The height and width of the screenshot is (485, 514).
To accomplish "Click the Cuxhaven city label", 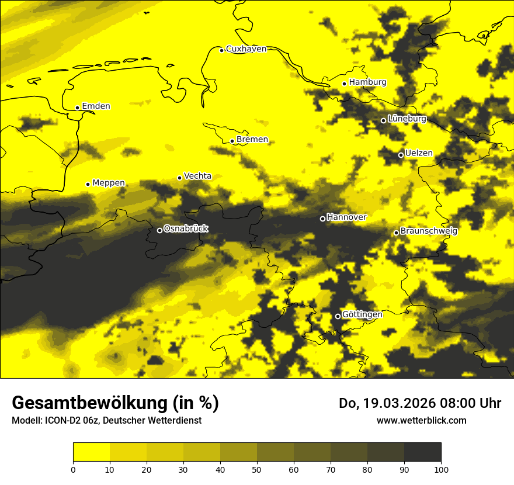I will [246, 49].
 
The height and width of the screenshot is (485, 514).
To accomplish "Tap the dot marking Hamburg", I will [345, 84].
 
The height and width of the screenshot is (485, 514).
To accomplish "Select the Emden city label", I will [96, 106].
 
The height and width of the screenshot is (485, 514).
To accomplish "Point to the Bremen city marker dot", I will [232, 141].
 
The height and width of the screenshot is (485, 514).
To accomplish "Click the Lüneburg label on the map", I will [407, 119].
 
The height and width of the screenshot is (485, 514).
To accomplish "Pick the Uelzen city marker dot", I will [401, 155].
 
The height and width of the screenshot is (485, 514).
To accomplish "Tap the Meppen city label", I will [109, 183].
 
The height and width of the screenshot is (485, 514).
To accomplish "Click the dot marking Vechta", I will [179, 178].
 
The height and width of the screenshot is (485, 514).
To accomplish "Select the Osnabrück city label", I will [186, 228].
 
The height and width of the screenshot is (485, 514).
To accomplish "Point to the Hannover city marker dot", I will [322, 219].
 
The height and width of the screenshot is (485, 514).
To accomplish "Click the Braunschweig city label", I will [429, 231].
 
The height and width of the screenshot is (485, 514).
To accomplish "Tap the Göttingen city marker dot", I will [338, 316].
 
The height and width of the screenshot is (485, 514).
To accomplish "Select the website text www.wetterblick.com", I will [422, 420].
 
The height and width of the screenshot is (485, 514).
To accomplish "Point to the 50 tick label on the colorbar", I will [257, 469].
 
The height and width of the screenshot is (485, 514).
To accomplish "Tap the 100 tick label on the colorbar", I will [441, 469].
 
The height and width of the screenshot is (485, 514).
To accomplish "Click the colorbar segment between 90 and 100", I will [422, 452].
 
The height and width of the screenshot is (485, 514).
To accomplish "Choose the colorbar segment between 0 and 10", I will [91, 452].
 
